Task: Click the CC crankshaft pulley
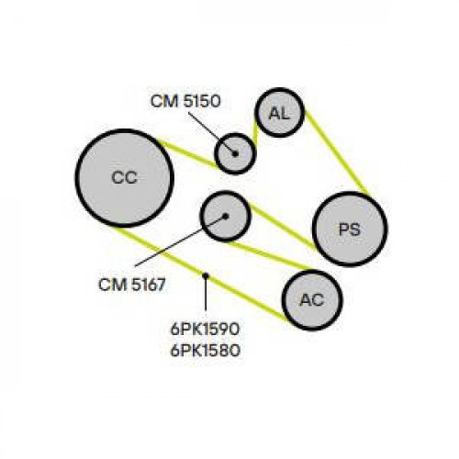point(125,178)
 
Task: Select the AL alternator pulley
point(279,112)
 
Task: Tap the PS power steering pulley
point(350,229)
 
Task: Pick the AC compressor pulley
point(312,300)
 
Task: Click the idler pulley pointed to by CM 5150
point(234,153)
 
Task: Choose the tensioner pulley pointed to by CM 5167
point(226,216)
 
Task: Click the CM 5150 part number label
point(185,101)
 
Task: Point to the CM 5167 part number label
point(132,285)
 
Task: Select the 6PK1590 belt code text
point(205,330)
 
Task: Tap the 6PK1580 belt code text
point(205,351)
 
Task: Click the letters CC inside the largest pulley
point(125,177)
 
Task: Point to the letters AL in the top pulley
point(279,114)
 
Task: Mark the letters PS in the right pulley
point(350,229)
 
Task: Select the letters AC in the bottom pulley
point(312,300)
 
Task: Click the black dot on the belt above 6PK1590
point(206,276)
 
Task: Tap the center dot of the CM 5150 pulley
point(235,153)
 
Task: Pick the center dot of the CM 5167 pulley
point(226,217)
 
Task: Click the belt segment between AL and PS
point(336,152)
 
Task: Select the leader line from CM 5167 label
point(181,241)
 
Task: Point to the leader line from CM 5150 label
point(212,133)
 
